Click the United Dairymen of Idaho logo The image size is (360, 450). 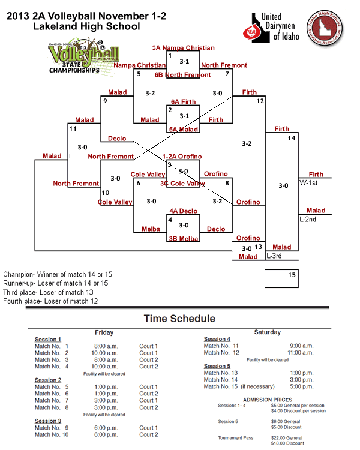(271, 28)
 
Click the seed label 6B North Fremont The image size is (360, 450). (182, 75)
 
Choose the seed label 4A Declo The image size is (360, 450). (183, 211)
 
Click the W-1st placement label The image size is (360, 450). (310, 182)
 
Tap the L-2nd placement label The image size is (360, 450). (309, 219)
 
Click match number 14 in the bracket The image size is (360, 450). (292, 139)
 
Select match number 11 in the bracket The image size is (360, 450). (73, 128)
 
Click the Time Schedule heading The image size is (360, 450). (179, 319)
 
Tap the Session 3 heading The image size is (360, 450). (47, 421)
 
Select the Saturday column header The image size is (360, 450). (268, 332)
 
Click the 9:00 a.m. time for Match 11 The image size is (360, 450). (301, 346)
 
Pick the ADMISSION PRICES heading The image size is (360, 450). (268, 399)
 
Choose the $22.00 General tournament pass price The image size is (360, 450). (287, 437)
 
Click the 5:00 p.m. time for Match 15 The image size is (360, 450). (301, 386)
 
